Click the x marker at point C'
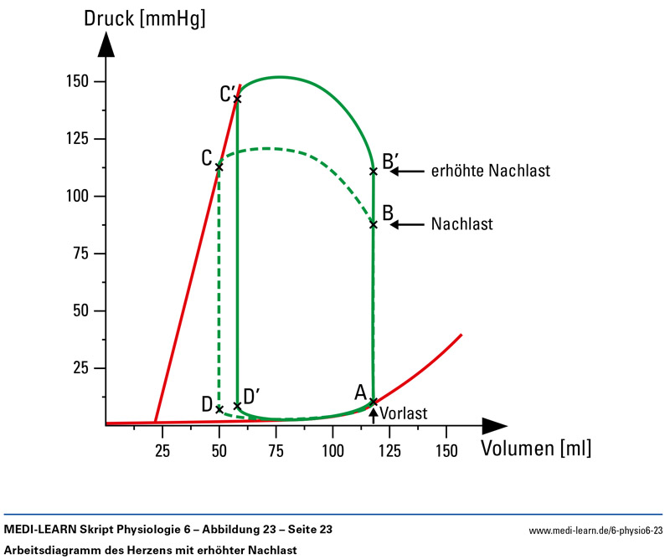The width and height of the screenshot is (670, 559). coord(237,99)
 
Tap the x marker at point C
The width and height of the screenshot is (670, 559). coord(219,167)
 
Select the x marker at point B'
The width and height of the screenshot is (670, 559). coord(374,172)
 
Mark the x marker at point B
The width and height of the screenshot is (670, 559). coord(374,224)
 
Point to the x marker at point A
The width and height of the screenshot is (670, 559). coord(374,402)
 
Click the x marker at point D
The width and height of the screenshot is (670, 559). coord(219,409)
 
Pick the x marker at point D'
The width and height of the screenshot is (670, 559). coord(237,406)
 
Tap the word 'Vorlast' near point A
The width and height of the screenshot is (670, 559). coord(404,413)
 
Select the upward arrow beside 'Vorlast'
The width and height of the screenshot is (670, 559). coord(374,413)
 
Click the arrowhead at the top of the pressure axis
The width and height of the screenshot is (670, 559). coord(106,46)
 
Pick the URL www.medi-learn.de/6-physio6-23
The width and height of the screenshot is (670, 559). coord(595,530)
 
